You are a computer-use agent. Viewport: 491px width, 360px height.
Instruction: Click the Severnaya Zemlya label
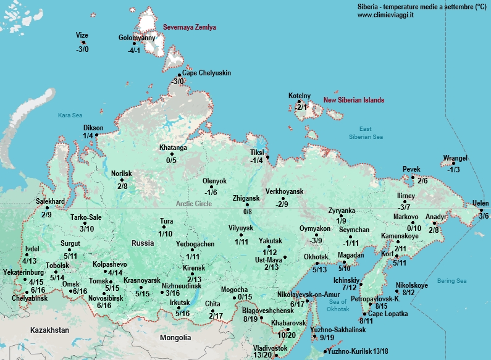click(x=190, y=28)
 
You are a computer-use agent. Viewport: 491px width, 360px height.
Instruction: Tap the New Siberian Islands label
click(x=354, y=100)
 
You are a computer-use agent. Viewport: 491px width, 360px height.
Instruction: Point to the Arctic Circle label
click(x=193, y=203)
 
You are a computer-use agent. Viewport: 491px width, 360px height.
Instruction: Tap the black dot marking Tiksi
click(x=267, y=157)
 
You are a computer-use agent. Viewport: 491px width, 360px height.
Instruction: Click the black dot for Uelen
click(x=482, y=211)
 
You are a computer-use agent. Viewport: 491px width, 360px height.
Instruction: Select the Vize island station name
click(x=82, y=35)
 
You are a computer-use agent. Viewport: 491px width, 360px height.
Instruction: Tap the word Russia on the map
click(x=142, y=243)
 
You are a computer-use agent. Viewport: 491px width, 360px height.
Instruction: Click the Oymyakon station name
click(x=316, y=228)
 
